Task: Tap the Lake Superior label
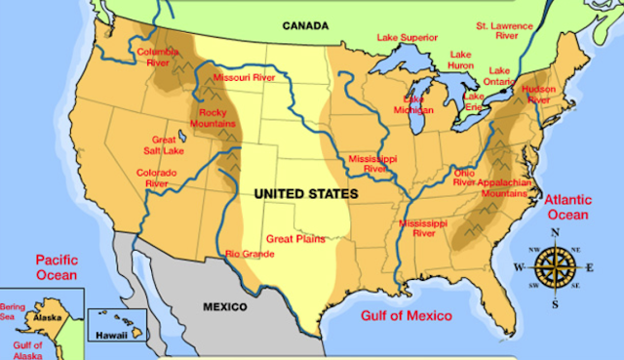coord(408,39)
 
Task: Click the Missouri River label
coord(244,77)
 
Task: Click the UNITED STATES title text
coord(305,194)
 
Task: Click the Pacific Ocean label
coord(56,267)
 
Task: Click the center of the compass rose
coord(554,265)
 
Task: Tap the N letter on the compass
coord(554,232)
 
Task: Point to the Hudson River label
coord(538,94)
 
